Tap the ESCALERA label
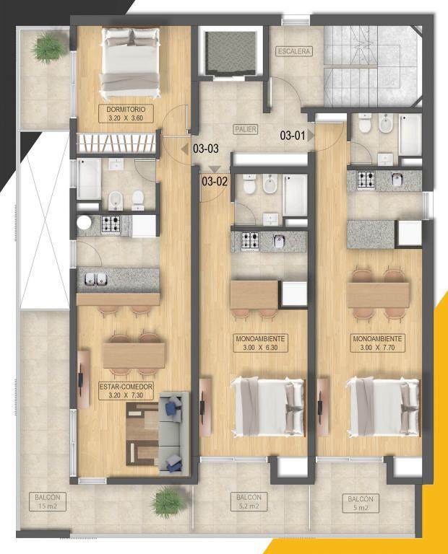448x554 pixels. (294, 52)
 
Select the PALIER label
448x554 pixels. (246, 129)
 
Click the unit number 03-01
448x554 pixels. (293, 136)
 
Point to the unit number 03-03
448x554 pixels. (206, 149)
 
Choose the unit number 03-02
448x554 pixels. (215, 182)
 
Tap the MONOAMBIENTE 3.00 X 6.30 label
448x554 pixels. (260, 343)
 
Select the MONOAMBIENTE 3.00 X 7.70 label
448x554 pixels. (377, 343)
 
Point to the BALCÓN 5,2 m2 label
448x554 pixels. (249, 502)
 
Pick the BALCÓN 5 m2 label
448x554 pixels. (361, 504)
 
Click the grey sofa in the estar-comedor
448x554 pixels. (173, 432)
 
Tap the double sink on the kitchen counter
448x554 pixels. (96, 279)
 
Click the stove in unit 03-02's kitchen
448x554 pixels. (250, 241)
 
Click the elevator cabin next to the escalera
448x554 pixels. (231, 53)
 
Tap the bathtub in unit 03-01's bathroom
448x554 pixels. (410, 135)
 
